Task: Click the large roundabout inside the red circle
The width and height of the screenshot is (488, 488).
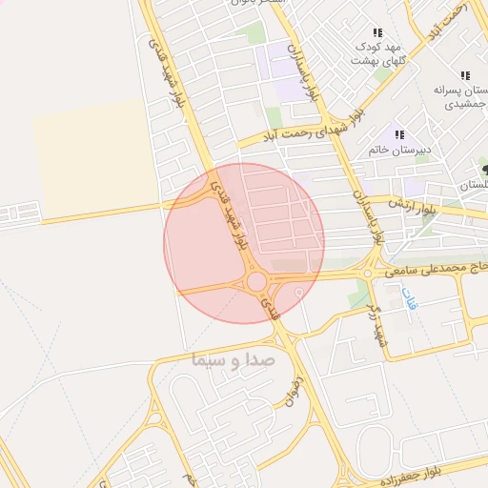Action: (256, 281)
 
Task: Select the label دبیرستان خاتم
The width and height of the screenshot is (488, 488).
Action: (400, 150)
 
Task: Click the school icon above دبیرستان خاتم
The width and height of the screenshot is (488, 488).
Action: (398, 134)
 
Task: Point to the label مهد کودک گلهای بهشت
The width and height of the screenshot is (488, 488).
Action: (367, 52)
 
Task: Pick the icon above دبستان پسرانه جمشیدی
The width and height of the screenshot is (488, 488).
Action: (465, 74)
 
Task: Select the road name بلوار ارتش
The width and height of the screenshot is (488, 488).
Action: (409, 202)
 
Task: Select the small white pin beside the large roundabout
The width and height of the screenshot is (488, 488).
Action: (299, 292)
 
